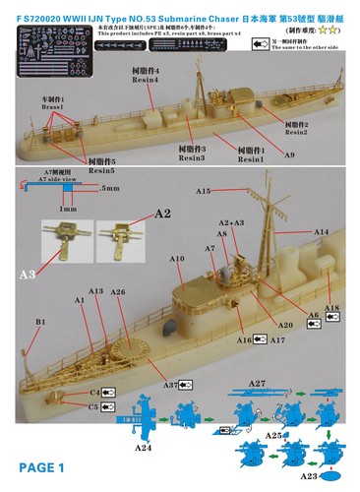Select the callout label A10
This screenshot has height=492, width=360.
177,259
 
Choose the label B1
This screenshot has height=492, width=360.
41,321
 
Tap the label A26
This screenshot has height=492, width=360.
118,292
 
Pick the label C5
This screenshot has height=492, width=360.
94,404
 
